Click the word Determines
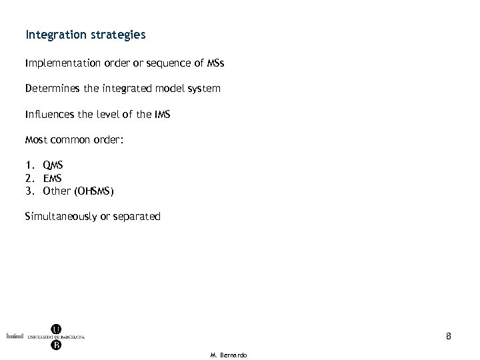pos(53,88)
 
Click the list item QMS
pos(53,164)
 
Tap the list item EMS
pos(53,178)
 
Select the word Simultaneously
pos(64,216)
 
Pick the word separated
pos(137,216)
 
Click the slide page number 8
pos(449,337)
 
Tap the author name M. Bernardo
pos(228,355)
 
